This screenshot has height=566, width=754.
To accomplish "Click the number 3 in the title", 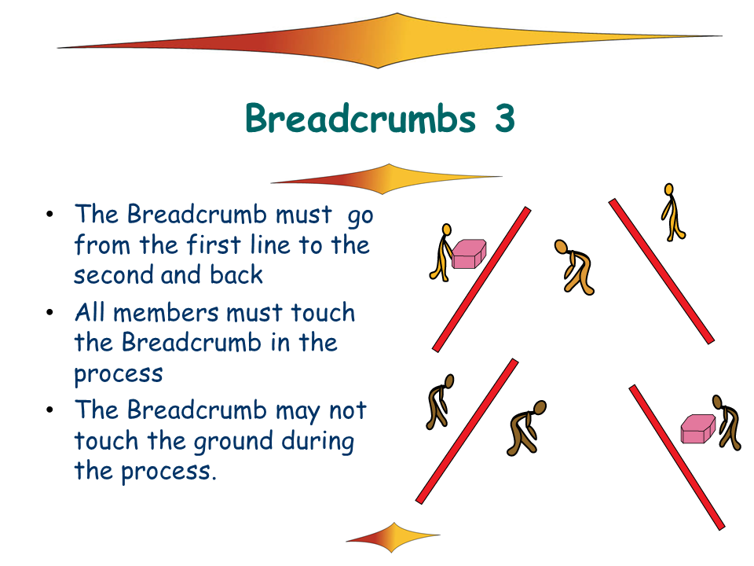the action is coord(504,118).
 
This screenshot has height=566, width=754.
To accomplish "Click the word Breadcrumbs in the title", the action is coord(361,118).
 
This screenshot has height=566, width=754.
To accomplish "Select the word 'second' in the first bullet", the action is coord(113,275).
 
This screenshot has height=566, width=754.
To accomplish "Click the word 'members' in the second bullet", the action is coord(167,313).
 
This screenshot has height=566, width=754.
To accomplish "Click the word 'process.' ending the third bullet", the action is coord(168,472).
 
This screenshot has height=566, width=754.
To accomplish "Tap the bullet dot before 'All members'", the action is coord(49,313).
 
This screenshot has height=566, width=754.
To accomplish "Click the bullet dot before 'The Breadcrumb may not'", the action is coord(49,410).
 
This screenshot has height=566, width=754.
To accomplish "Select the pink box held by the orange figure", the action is coord(469,254).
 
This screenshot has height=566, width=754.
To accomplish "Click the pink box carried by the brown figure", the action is coord(697,429).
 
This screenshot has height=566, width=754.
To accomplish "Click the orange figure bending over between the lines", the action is coord(575,266).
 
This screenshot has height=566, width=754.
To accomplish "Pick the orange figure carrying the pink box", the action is coord(442,252).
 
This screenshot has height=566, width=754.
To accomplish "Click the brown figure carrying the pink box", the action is coord(727,422).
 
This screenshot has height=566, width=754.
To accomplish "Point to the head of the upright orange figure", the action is coord(668,189).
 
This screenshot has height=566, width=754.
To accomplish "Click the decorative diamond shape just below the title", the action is coord(386,179).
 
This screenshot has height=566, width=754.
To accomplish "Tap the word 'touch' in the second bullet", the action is coord(323,313).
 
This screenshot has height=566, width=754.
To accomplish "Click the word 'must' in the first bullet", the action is coord(304,215).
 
